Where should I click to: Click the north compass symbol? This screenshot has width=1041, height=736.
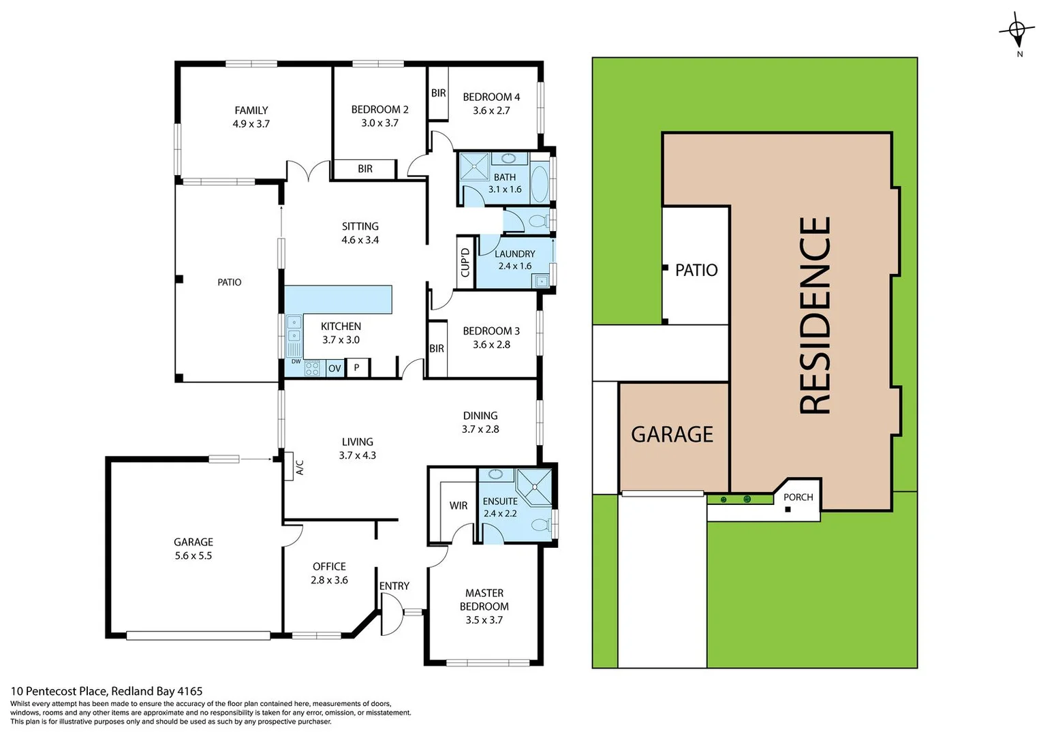(x=1016, y=31)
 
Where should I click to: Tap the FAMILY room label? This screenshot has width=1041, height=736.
(x=251, y=110)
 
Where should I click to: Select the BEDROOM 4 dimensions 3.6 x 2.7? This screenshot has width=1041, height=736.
(x=491, y=110)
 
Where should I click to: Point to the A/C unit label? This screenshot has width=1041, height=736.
(x=299, y=467)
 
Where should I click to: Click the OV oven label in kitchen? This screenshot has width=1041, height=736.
(x=335, y=369)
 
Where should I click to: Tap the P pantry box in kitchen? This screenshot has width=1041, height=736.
(x=356, y=368)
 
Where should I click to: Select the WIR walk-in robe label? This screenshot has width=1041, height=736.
(x=459, y=506)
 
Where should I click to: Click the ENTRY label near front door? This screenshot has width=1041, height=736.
(x=394, y=586)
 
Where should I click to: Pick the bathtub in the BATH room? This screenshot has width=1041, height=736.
(x=539, y=183)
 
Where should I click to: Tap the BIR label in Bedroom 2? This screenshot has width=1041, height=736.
(x=365, y=169)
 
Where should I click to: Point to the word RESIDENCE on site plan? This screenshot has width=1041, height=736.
(x=815, y=315)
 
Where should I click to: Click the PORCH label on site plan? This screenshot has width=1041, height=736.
(x=798, y=497)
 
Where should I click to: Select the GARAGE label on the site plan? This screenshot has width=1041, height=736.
(x=672, y=435)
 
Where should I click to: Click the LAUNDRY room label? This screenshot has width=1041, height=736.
(x=514, y=254)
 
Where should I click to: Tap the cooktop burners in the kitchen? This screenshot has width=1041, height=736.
(x=312, y=369)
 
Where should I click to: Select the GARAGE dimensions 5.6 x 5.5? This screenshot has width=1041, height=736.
(x=193, y=556)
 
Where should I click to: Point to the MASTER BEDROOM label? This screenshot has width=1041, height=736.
(x=484, y=600)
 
